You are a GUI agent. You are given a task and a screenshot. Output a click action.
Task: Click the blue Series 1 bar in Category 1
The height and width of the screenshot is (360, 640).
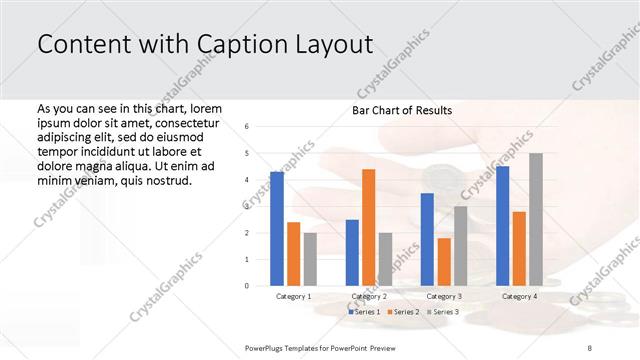coord(277,229)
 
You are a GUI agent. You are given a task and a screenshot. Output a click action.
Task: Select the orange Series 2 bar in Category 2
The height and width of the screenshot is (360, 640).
coord(368,227)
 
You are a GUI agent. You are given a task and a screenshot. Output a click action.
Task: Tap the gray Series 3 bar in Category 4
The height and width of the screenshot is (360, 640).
coord(536,219)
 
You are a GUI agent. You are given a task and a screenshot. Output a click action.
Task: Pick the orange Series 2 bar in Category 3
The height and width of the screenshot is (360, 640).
coord(443,261)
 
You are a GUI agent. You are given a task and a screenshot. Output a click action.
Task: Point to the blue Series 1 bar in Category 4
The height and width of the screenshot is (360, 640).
coord(502,226)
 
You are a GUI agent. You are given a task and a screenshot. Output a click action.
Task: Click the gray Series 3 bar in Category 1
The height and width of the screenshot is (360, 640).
coord(310,259)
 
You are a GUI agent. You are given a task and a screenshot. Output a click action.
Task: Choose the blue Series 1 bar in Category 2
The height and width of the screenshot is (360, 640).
coord(352,252)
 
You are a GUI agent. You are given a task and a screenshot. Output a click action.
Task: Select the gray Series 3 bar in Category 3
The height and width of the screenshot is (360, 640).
coord(460,246)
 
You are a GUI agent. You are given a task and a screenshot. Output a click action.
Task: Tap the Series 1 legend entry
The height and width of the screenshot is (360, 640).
coord(363,313)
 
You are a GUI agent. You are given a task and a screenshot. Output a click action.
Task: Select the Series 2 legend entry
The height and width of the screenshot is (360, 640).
coord(402,313)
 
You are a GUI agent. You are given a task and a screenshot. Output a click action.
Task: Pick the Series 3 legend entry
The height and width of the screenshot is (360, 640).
coord(442,313)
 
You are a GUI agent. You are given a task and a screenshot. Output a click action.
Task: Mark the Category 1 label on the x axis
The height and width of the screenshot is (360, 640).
coord(294,297)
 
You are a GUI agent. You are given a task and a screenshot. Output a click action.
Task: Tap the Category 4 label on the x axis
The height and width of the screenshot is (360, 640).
coord(519,297)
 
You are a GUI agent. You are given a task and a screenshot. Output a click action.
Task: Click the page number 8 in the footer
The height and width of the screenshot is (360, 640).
coord(589,347)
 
